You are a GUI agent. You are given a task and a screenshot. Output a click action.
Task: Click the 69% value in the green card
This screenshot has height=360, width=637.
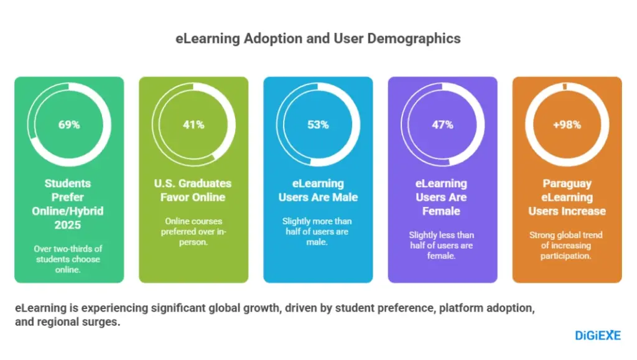pyautogui.click(x=69, y=124)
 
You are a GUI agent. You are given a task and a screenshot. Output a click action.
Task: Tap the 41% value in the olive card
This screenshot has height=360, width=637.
pyautogui.click(x=193, y=124)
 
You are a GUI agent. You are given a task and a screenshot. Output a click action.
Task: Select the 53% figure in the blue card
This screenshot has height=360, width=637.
pyautogui.click(x=318, y=124)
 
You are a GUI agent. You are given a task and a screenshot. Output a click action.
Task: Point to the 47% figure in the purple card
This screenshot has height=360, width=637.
pyautogui.click(x=442, y=124)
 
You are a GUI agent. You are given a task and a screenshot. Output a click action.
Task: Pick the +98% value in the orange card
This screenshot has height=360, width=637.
pyautogui.click(x=567, y=124)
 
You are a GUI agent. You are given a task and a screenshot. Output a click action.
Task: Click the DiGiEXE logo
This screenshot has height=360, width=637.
pyautogui.click(x=597, y=335)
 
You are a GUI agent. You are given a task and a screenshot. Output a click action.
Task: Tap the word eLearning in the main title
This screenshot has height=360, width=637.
pyautogui.click(x=203, y=39)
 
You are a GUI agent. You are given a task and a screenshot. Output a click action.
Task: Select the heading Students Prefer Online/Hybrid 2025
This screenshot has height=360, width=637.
pyautogui.click(x=69, y=204)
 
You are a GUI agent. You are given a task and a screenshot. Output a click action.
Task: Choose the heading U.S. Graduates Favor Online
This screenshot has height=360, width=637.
pyautogui.click(x=193, y=190)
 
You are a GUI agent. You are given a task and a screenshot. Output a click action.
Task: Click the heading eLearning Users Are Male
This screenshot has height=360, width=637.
pyautogui.click(x=318, y=190)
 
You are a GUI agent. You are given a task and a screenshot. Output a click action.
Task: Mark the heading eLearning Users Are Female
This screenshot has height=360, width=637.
pyautogui.click(x=442, y=197)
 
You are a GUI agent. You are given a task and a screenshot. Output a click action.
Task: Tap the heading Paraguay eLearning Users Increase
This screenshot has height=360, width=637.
pyautogui.click(x=567, y=197)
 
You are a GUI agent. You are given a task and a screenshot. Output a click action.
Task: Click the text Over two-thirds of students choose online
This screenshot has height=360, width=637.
pyautogui.click(x=69, y=259)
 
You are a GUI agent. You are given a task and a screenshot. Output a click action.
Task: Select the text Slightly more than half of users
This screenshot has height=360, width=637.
pyautogui.click(x=318, y=231)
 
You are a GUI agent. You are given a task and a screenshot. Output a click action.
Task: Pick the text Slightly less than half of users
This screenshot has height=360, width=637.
pyautogui.click(x=442, y=245)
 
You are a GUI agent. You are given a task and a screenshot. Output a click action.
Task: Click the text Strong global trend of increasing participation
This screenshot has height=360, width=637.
pyautogui.click(x=567, y=245)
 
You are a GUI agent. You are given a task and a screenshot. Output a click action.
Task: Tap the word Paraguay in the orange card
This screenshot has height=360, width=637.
pyautogui.click(x=567, y=183)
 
